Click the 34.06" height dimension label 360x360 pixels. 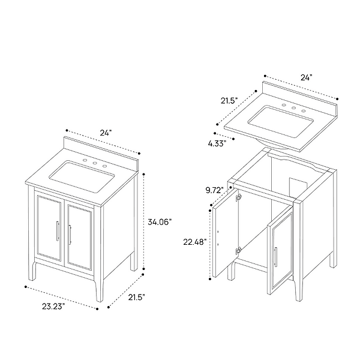[160, 222]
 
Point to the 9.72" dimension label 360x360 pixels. [214, 190]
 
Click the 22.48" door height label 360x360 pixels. [195, 242]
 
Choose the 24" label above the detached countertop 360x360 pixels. [307, 77]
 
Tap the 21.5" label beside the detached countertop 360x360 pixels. [229, 100]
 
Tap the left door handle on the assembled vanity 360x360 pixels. [58, 231]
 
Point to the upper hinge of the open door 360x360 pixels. [239, 196]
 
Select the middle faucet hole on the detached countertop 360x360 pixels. [294, 109]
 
